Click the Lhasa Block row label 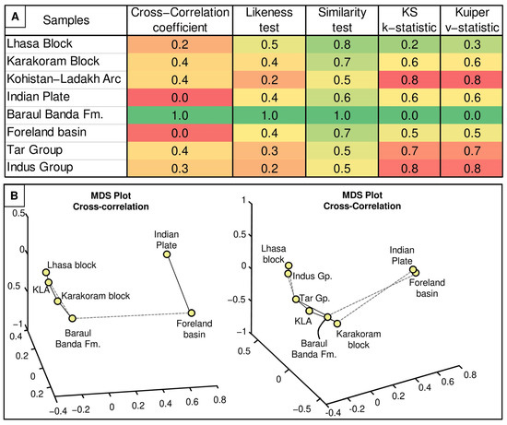(40, 43)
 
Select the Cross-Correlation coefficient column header (180, 19)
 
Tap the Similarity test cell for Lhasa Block (342, 44)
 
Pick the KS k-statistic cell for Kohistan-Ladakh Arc (409, 80)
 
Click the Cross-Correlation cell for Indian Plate (180, 98)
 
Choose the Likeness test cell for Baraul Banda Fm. (269, 115)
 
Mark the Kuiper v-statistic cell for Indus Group (472, 169)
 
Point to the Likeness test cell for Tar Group (269, 151)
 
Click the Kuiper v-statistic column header (472, 19)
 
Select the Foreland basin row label (47, 132)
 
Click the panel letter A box (15, 17)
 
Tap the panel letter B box (14, 195)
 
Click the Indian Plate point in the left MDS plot (167, 254)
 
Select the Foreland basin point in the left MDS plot (192, 313)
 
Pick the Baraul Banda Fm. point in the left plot (73, 318)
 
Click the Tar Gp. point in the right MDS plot (296, 300)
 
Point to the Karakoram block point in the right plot (337, 324)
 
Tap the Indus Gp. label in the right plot (312, 277)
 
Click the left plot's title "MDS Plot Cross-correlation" (111, 201)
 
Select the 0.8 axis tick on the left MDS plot (219, 400)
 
